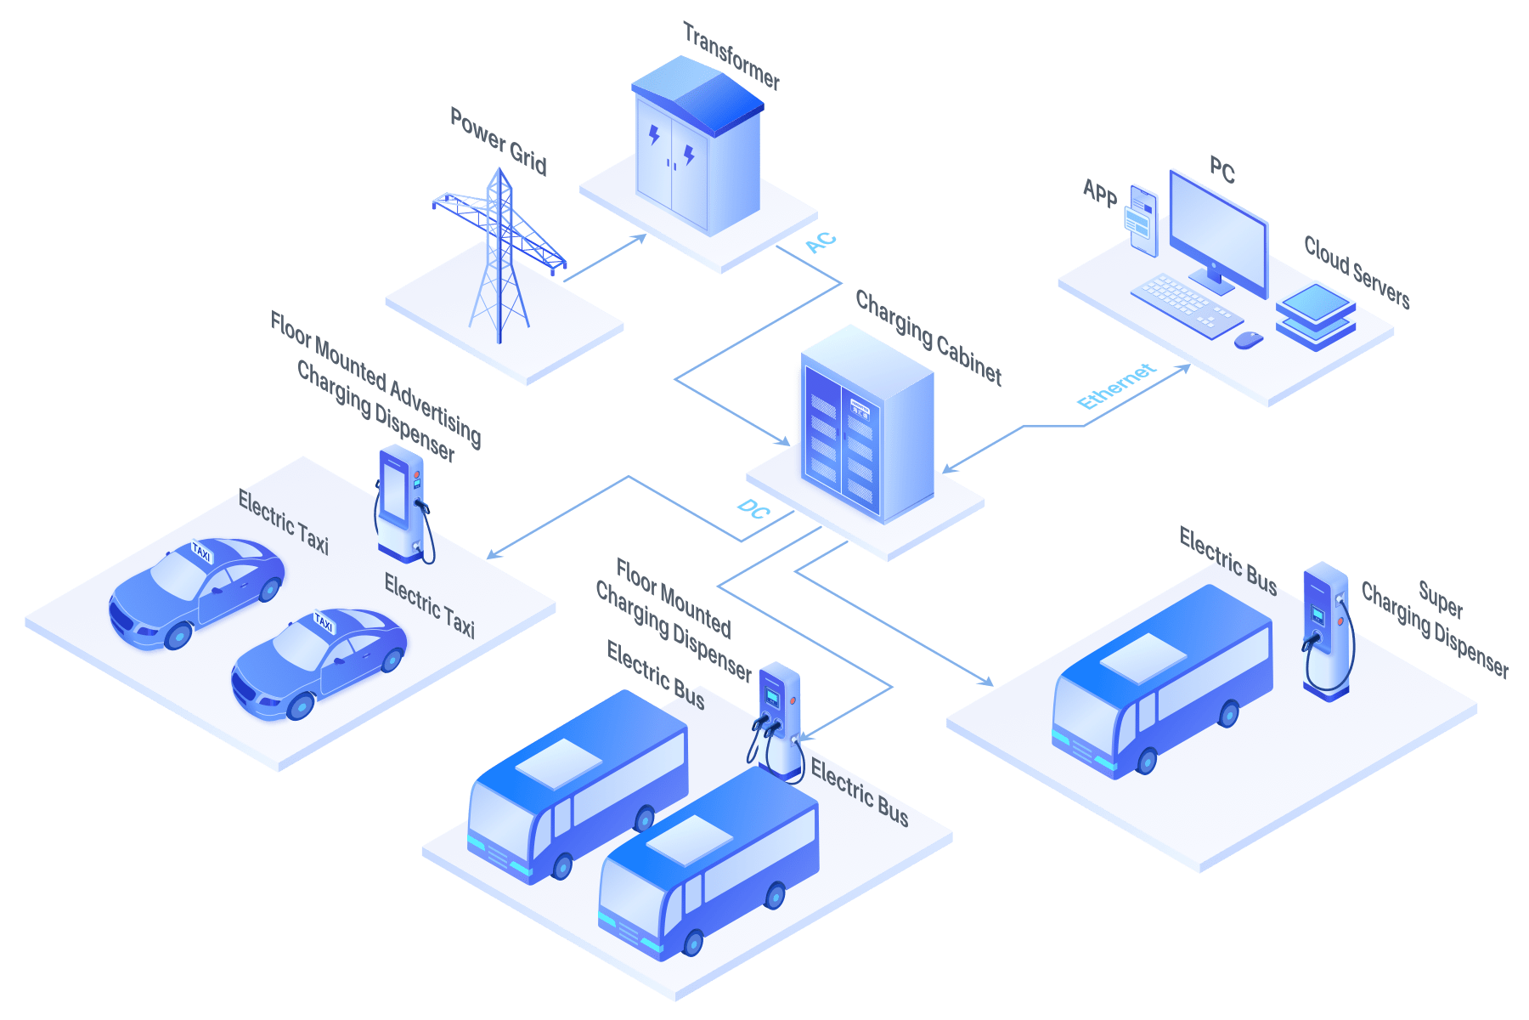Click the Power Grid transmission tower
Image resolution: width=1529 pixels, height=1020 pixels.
(x=499, y=255)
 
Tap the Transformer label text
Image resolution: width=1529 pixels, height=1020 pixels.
(x=731, y=56)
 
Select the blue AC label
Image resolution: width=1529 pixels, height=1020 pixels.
(x=821, y=242)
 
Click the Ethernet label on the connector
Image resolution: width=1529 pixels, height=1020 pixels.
(x=1116, y=386)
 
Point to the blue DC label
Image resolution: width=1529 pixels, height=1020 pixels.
(x=753, y=509)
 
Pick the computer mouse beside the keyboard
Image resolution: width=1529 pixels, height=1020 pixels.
(x=1248, y=340)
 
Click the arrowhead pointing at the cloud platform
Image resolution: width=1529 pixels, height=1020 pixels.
(x=1183, y=368)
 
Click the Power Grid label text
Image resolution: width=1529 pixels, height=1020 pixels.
(x=499, y=141)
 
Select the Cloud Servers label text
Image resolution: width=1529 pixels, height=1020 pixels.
(x=1357, y=272)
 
